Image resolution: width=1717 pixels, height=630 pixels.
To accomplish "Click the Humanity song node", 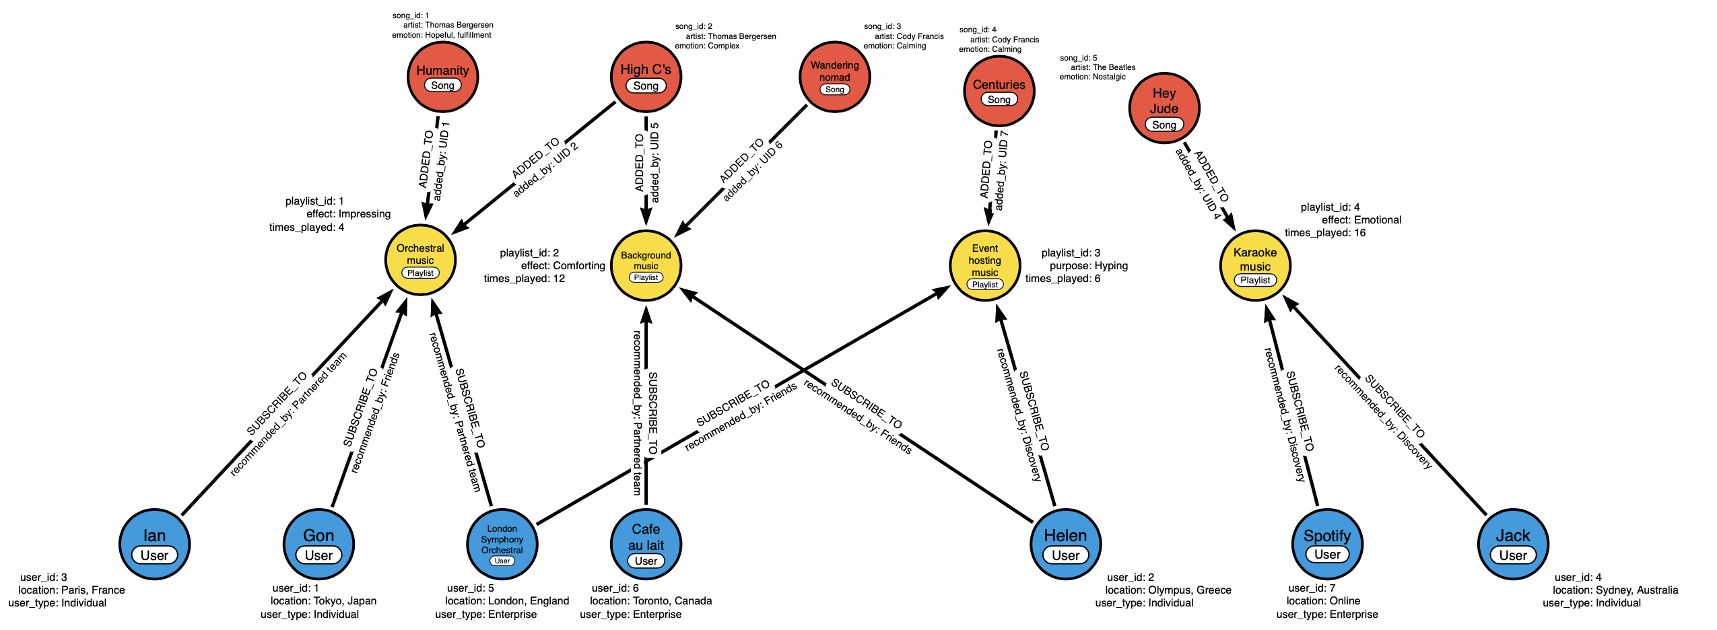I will click(442, 77).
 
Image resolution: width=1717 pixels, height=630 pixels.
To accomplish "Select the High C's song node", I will click(646, 77).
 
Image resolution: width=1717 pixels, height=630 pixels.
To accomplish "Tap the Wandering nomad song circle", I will click(834, 77).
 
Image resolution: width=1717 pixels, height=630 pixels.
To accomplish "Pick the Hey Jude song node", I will click(1164, 108).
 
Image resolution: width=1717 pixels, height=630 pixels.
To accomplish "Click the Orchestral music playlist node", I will click(420, 260).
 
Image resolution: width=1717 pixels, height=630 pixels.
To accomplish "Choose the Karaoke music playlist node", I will click(1255, 265).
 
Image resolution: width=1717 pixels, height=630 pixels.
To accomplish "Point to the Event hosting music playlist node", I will click(984, 265).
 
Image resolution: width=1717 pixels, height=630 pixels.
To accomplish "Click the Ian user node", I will click(154, 545).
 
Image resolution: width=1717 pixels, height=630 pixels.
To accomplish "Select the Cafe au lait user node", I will click(646, 545).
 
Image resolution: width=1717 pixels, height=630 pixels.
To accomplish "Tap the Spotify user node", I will click(1326, 545).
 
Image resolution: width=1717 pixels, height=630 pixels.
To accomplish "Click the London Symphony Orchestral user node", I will click(502, 545).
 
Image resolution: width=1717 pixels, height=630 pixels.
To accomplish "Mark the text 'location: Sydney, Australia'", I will click(1615, 590).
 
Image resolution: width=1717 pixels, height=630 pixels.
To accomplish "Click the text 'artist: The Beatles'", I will click(1102, 67).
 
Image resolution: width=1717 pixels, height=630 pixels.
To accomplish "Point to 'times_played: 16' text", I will click(1324, 233).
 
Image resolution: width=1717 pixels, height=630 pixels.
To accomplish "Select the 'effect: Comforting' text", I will click(562, 266).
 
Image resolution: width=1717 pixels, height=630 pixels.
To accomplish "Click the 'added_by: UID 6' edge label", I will click(753, 173).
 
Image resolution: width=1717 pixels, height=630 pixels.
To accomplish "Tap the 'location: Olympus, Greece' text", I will click(1168, 590).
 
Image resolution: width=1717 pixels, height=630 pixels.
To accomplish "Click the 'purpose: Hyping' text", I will click(1088, 266).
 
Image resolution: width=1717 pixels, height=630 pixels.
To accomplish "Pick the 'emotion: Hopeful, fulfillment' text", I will click(441, 35).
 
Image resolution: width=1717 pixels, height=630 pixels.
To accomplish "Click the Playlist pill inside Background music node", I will click(646, 277).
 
